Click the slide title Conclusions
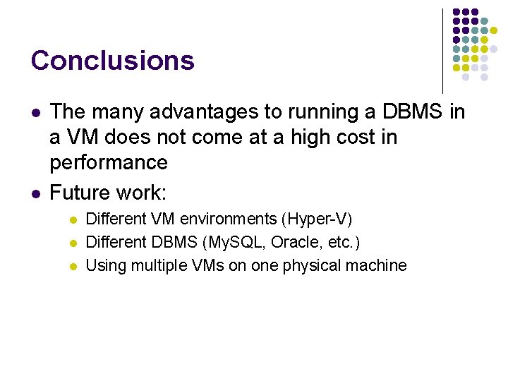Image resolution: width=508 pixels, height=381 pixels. [112, 61]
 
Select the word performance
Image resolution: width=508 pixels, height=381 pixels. [108, 162]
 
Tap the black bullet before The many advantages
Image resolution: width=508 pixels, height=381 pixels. [35, 113]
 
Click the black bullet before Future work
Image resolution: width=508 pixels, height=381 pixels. [35, 193]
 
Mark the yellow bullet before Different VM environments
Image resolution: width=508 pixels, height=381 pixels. [72, 220]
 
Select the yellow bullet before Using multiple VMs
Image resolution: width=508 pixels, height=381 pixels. [72, 267]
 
